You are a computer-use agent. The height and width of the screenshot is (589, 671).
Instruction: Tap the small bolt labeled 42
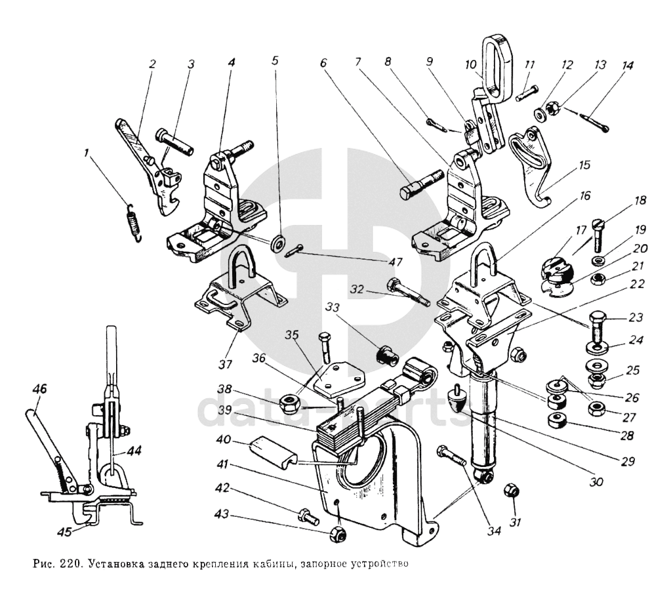click(308, 516)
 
